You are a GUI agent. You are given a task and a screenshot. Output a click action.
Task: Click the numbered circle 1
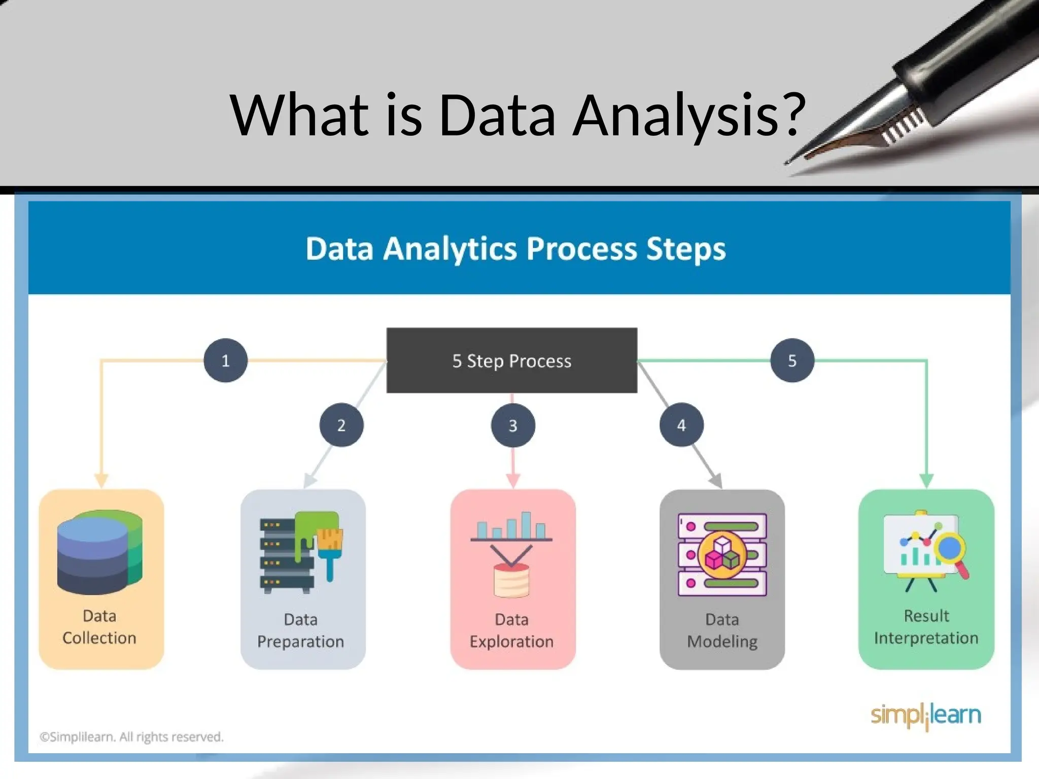225,361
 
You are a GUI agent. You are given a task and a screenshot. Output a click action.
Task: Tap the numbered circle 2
341,425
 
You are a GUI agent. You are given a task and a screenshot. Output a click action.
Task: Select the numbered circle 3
513,425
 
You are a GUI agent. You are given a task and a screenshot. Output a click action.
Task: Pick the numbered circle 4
681,425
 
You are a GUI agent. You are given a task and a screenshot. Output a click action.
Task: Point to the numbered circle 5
792,361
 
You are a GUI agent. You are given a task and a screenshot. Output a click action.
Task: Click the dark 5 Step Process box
511,361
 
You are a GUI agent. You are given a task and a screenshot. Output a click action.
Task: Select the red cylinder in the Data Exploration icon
511,580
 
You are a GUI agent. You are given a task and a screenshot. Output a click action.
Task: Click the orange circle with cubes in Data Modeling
722,555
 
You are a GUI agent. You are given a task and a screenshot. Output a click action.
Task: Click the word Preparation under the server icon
300,642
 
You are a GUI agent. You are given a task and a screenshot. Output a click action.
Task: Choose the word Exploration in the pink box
511,642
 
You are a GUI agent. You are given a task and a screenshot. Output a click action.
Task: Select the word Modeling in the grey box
722,642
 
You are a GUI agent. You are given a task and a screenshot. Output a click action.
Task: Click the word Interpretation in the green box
926,638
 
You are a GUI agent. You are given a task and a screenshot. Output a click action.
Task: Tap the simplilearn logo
926,715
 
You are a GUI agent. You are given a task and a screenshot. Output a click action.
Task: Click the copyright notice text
131,736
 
